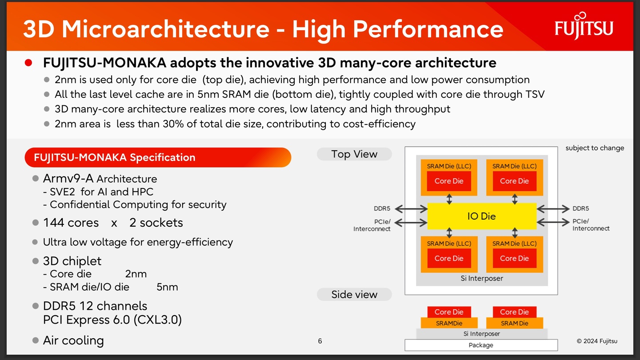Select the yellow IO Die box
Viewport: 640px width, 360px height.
click(482, 216)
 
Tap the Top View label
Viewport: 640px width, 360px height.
click(354, 154)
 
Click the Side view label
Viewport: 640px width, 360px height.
click(354, 294)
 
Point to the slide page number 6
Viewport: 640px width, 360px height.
click(320, 341)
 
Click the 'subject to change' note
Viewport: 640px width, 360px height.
click(595, 148)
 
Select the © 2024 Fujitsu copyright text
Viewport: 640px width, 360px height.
click(597, 341)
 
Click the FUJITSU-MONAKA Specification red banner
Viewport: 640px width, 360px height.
click(158, 157)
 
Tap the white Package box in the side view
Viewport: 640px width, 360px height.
click(481, 345)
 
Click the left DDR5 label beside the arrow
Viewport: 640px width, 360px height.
click(382, 208)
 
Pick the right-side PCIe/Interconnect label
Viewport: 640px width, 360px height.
click(591, 225)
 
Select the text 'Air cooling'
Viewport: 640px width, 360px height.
click(73, 340)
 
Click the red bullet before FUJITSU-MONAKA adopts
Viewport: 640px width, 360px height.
click(29, 63)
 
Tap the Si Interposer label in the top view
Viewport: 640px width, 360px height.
click(482, 279)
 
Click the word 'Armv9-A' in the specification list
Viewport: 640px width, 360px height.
click(68, 179)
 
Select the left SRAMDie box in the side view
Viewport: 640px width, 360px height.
click(449, 323)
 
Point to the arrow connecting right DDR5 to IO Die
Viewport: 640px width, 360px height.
click(553, 208)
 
